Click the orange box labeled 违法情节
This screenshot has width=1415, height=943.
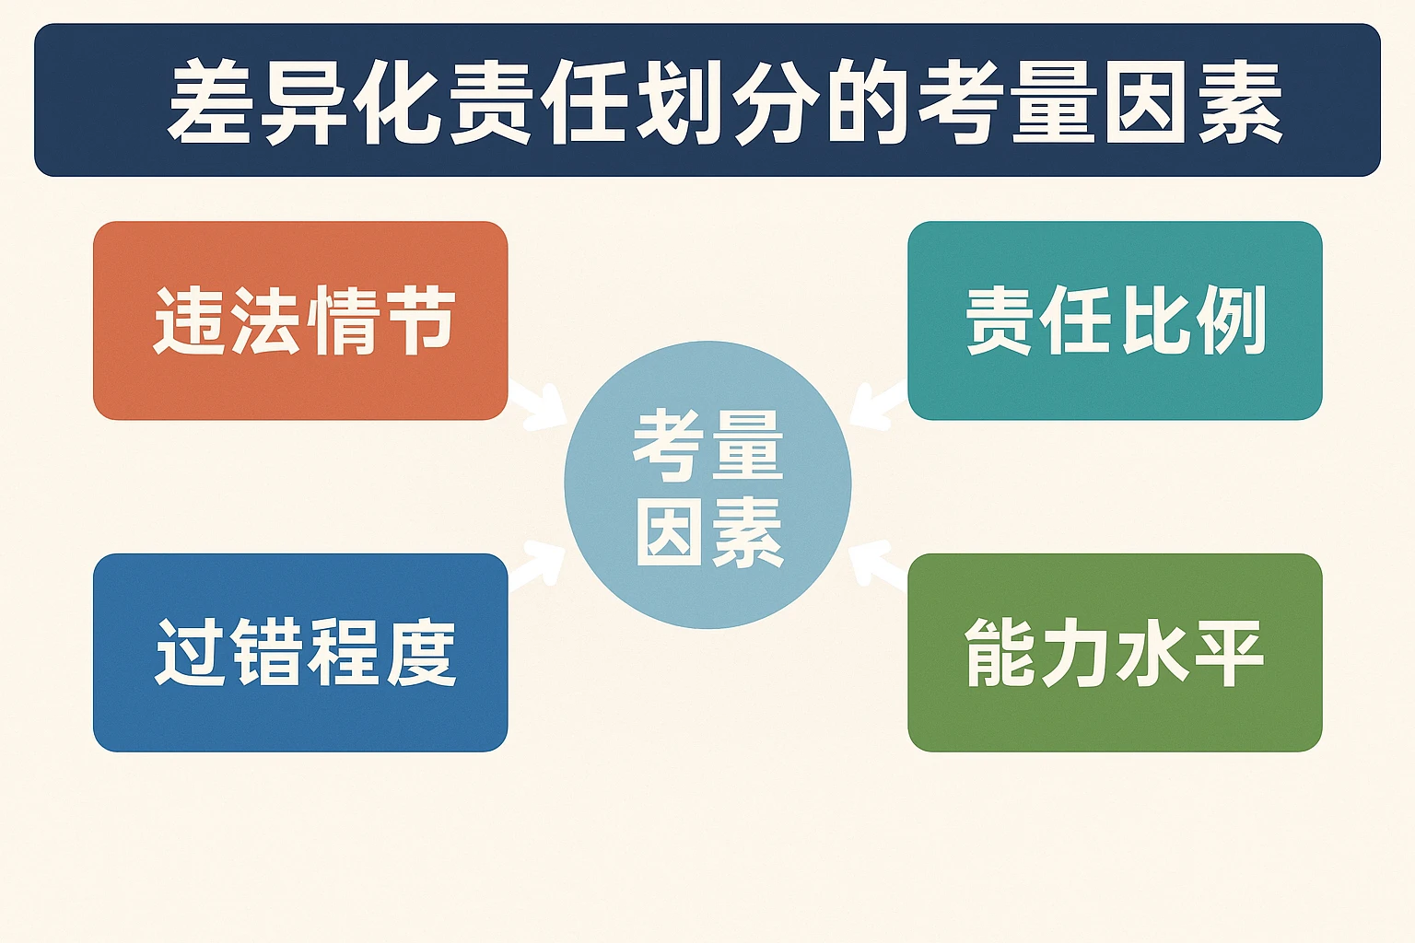pos(300,320)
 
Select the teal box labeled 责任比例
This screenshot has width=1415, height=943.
pos(1115,320)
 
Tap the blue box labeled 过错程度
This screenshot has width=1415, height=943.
pos(300,652)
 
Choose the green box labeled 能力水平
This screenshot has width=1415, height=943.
pos(1115,652)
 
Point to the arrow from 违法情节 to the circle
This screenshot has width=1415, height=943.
pos(540,406)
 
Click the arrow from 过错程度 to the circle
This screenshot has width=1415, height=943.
pos(540,564)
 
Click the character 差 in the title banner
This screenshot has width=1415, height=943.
pos(211,102)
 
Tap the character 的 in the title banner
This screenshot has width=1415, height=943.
pos(867,102)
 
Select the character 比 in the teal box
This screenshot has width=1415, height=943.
pos(1152,320)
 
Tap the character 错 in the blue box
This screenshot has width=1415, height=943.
pos(265,652)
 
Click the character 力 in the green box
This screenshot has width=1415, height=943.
pos(1074,652)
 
